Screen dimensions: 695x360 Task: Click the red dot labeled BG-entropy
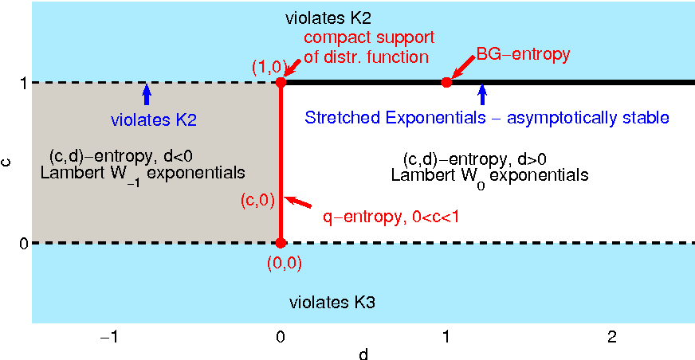(446, 82)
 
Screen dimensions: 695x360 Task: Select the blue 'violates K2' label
(153, 121)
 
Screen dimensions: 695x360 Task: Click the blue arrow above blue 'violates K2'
(146, 95)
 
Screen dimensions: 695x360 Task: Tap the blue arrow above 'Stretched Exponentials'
(481, 95)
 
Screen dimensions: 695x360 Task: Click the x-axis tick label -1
(110, 338)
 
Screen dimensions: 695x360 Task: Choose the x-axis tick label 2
(611, 338)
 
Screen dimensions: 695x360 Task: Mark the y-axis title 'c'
(7, 162)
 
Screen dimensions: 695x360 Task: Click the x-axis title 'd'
(363, 353)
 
